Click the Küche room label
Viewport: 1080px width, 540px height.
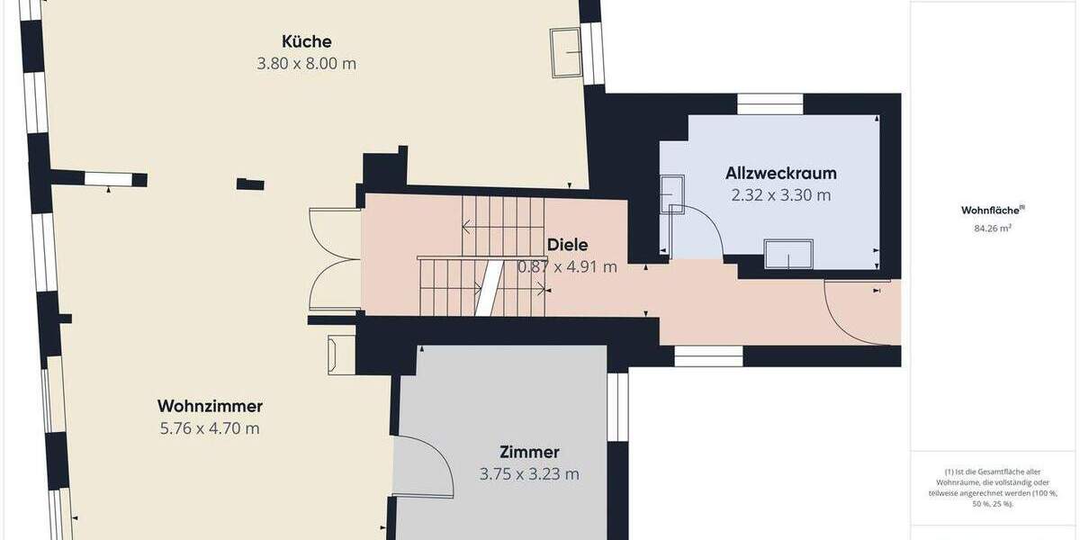coord(306,41)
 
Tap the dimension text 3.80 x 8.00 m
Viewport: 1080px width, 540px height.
coord(306,64)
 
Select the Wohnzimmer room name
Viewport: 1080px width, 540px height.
coord(210,406)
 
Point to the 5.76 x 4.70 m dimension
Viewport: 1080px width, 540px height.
coord(210,428)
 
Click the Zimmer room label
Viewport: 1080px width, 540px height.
coord(529,452)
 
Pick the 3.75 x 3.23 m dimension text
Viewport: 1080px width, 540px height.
coord(529,474)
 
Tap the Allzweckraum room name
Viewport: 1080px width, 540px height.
coord(780,173)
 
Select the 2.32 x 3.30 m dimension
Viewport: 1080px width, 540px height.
coord(780,194)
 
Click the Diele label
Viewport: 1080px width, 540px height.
coord(567,245)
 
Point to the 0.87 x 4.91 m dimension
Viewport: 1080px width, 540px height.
coord(567,266)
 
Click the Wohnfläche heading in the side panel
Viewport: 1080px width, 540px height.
coord(992,211)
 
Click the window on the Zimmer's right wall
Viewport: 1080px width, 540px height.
coord(617,406)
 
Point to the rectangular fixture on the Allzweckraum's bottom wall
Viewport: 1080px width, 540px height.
coord(788,254)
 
